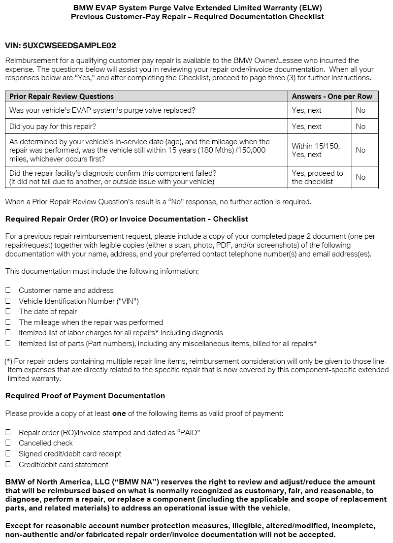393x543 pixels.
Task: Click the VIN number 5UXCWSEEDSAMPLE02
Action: coord(69,46)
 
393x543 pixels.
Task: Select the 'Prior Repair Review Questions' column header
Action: coord(62,96)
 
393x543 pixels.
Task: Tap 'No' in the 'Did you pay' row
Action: coord(360,127)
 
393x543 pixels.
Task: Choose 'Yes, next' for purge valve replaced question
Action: coord(306,110)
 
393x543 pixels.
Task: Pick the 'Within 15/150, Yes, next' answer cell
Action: coord(316,150)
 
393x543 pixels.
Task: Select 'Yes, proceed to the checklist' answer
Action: coord(317,177)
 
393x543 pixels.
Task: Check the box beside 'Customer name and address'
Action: coord(8,290)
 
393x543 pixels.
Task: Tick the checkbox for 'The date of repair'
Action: coord(8,312)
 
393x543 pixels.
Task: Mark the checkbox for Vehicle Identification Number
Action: coord(8,301)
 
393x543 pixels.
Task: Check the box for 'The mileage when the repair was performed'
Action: coord(8,322)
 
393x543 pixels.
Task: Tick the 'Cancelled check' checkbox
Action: coord(8,443)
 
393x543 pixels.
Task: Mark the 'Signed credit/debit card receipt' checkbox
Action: coord(8,454)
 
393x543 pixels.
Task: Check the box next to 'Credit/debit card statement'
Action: coord(8,465)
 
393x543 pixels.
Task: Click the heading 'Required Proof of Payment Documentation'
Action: coord(85,396)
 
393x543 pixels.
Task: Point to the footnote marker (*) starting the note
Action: coord(8,361)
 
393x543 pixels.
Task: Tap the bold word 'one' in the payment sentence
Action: coord(119,414)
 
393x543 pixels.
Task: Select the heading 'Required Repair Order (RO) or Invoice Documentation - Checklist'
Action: coord(126,219)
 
